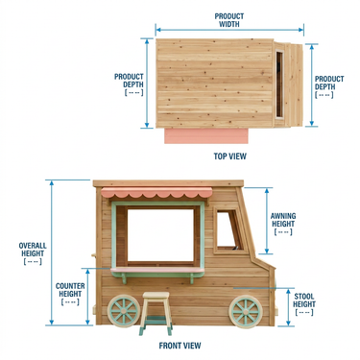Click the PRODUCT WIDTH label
click(229, 20)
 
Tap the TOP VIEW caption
click(230, 156)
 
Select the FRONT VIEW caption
click(180, 346)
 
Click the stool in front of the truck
click(156, 313)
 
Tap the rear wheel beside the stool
click(124, 311)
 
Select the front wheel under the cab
click(246, 312)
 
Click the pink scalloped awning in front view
click(156, 192)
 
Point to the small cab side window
click(229, 229)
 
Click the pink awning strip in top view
click(206, 136)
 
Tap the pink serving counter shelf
click(157, 271)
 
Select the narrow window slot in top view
click(279, 84)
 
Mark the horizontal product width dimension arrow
click(229, 30)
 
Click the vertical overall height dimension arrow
click(52, 252)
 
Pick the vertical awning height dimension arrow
click(267, 221)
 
